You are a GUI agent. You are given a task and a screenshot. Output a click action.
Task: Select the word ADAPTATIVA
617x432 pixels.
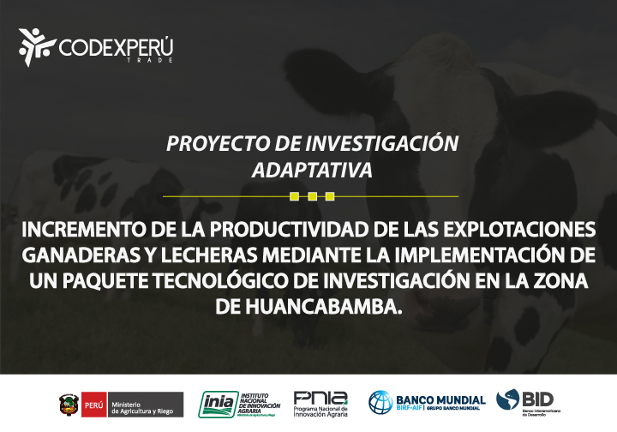pos(312,169)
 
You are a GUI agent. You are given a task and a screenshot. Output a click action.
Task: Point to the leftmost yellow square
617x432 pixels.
pos(295,196)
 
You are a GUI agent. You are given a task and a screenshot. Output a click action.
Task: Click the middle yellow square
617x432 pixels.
pos(312,196)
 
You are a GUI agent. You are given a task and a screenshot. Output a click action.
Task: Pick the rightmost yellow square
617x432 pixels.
pos(330,196)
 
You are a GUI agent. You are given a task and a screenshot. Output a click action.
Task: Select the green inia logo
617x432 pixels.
pos(214,403)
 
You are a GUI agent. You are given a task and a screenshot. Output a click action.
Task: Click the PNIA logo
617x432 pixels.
pos(320,399)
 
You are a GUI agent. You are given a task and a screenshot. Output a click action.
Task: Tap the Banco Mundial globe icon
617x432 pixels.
pos(380,402)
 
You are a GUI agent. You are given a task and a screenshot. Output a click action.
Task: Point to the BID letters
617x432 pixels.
pos(537,398)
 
